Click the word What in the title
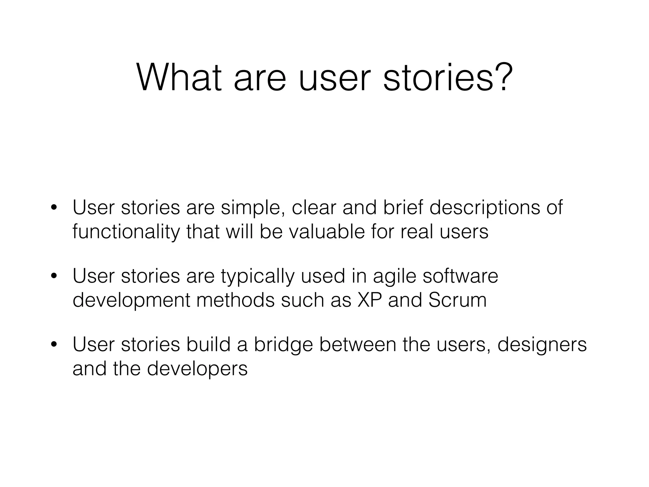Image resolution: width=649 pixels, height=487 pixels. (179, 78)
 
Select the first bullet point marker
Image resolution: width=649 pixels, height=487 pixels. (54, 208)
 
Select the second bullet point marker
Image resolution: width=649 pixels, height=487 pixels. (54, 276)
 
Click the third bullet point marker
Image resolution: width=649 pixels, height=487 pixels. (54, 345)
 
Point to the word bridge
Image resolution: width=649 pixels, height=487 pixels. (283, 345)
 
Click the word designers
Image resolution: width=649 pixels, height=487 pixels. (542, 345)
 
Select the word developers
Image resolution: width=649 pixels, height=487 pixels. (197, 368)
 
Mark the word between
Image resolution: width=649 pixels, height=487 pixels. (358, 345)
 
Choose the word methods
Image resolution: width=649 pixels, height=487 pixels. (235, 300)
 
